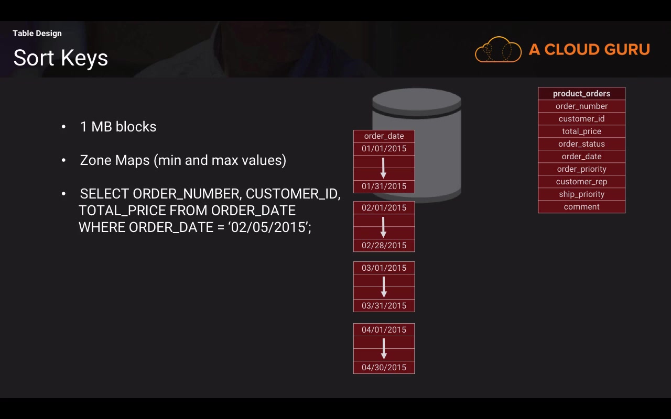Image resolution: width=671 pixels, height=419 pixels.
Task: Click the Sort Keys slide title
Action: pyautogui.click(x=60, y=58)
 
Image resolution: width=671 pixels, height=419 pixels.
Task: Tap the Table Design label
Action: pyautogui.click(x=37, y=34)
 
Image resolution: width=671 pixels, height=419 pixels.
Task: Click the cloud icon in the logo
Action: pyautogui.click(x=498, y=50)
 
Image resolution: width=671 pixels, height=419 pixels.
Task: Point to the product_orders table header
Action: pyautogui.click(x=581, y=94)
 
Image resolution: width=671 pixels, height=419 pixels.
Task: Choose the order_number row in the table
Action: pyautogui.click(x=581, y=106)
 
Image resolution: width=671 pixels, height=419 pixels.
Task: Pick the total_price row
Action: pyautogui.click(x=581, y=131)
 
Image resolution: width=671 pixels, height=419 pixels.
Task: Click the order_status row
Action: pyautogui.click(x=581, y=144)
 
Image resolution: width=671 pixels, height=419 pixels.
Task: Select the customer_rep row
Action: pyautogui.click(x=581, y=182)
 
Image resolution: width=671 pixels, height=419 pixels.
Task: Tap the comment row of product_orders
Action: pyautogui.click(x=581, y=207)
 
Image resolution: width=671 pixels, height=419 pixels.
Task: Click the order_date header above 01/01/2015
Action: pyautogui.click(x=384, y=136)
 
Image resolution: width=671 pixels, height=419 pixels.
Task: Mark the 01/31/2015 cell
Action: pyautogui.click(x=384, y=186)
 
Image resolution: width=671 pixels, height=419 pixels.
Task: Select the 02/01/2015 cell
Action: pyautogui.click(x=384, y=208)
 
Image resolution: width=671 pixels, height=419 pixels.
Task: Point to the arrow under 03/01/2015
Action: pyautogui.click(x=384, y=287)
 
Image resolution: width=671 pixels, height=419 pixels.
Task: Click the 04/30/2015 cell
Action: pyautogui.click(x=384, y=368)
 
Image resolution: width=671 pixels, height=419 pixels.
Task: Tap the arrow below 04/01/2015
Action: pyautogui.click(x=384, y=349)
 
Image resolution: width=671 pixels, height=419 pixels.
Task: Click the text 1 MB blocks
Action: pyautogui.click(x=118, y=127)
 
